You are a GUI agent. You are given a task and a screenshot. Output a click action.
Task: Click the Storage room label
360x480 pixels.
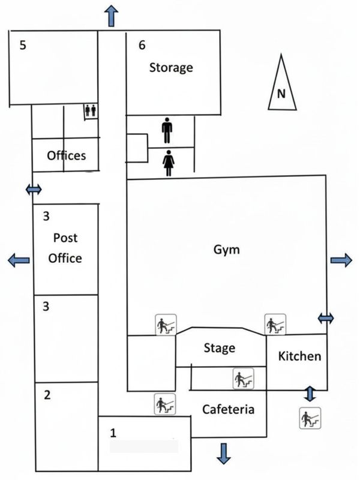pos(171,67)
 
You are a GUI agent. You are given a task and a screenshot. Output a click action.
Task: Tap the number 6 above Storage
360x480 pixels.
pos(142,45)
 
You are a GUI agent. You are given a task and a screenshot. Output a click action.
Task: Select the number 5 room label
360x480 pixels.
pos(23,45)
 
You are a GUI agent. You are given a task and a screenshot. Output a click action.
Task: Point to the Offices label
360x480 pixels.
pos(66,155)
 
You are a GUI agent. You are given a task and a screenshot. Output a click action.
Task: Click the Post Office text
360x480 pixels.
pos(65,248)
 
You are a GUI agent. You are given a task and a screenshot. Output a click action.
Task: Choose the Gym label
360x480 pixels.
pos(226,250)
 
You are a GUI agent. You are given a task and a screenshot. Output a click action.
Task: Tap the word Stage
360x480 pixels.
pos(219,348)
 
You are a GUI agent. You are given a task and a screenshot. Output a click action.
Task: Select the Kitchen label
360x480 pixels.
pos(300,356)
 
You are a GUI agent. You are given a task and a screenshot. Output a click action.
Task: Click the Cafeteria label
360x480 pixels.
pos(229,410)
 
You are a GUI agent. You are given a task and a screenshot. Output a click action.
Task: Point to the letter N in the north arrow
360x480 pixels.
pos(281,94)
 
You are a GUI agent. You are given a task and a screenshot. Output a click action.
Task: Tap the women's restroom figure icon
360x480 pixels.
pos(168,163)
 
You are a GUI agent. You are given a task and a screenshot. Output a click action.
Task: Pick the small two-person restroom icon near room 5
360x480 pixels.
pos(91,110)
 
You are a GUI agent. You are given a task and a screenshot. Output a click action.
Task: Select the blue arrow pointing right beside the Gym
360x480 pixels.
pos(341,260)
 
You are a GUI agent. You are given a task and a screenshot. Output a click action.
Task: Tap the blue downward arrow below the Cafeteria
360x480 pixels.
pos(224,453)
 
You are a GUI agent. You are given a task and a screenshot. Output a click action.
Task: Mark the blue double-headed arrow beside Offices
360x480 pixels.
pos(34,190)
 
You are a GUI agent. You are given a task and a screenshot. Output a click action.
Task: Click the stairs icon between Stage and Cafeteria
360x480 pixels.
pos(244,378)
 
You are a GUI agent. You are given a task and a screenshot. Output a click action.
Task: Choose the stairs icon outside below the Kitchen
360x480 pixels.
pos(310,417)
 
